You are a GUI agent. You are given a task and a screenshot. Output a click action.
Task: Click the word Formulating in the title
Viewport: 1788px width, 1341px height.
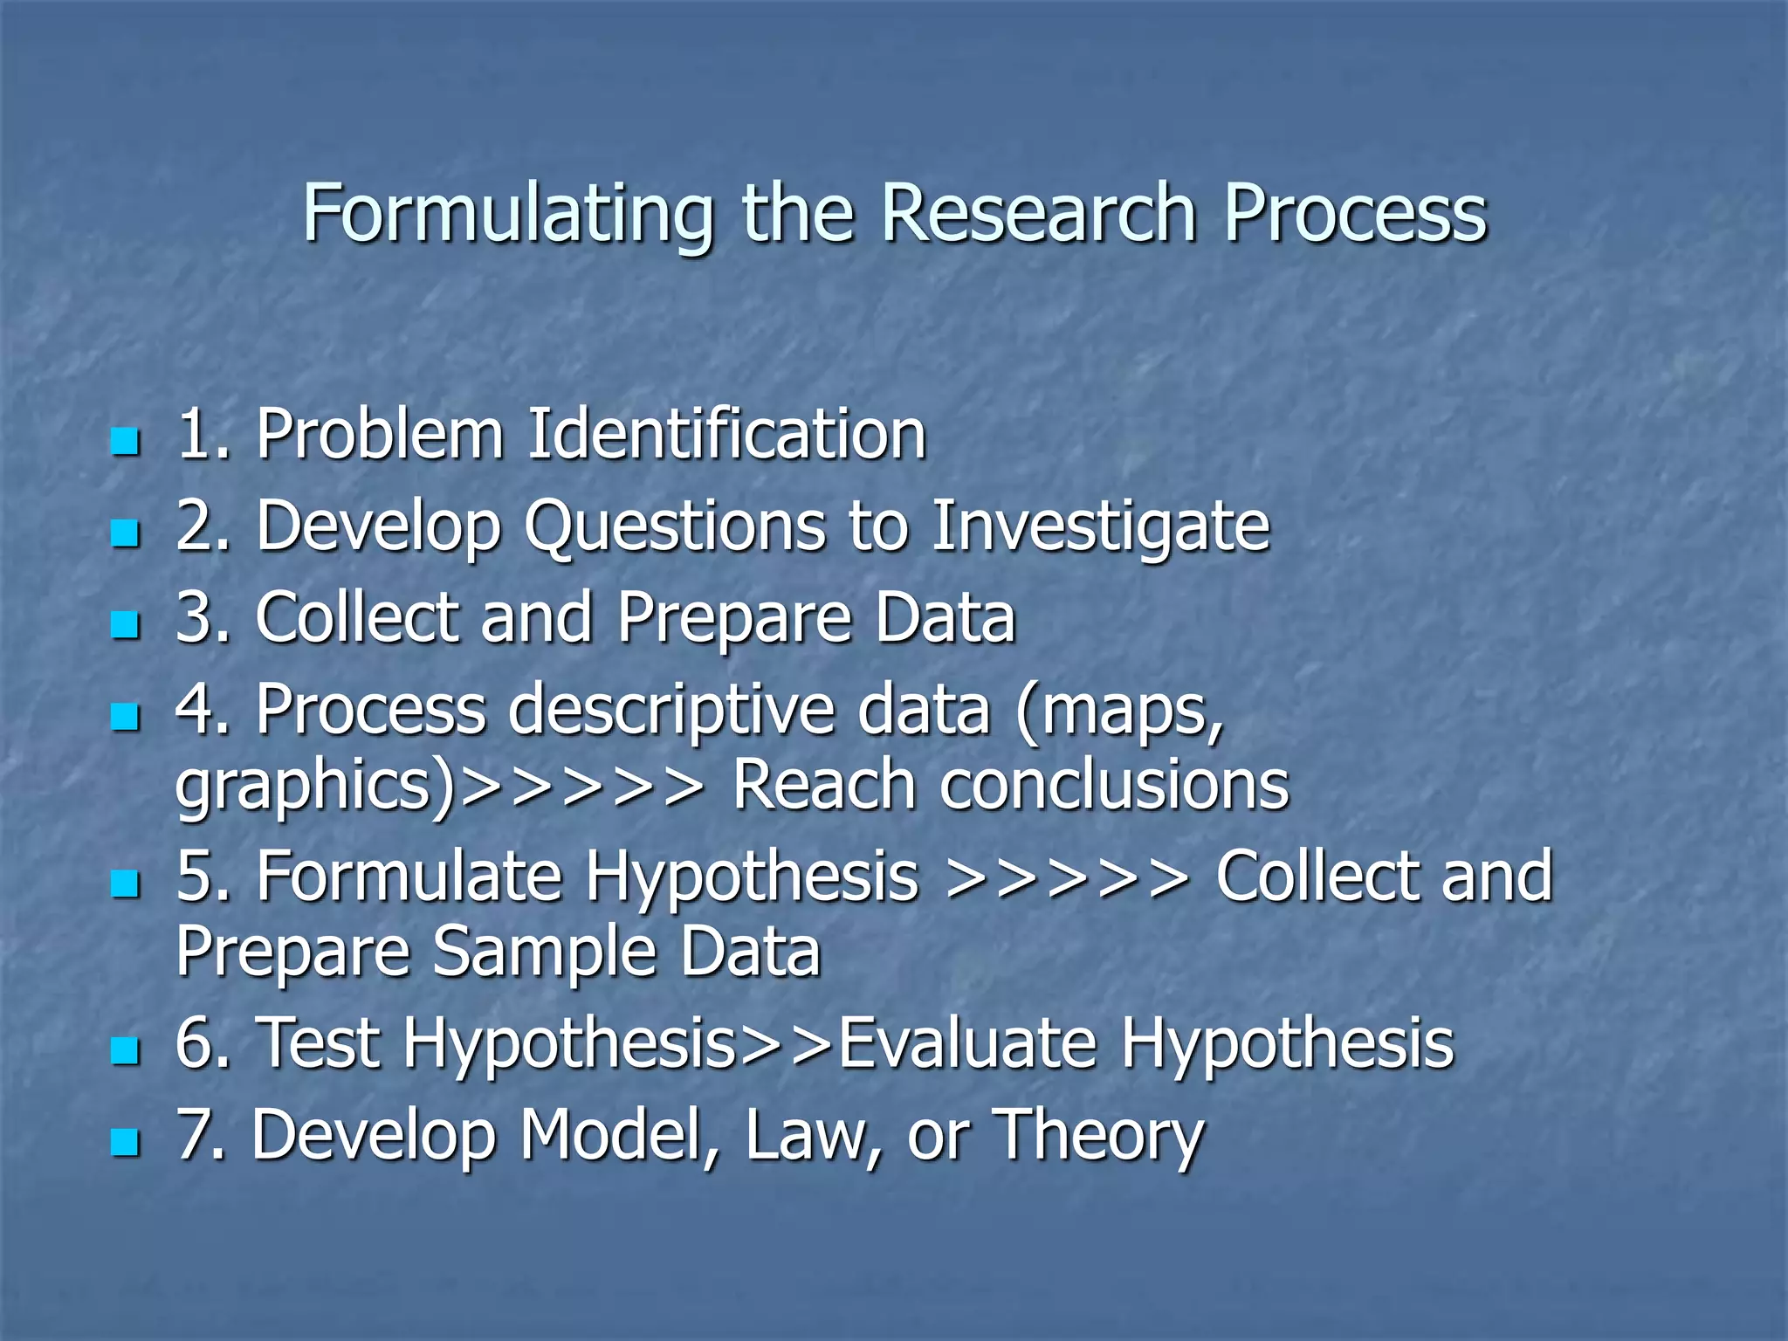coord(507,215)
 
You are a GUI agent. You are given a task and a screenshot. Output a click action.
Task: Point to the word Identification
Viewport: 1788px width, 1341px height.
coord(726,434)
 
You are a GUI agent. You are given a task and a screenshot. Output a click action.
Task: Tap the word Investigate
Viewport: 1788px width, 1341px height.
coord(1100,526)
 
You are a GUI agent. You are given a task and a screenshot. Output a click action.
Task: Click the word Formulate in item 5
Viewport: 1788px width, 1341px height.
coord(409,876)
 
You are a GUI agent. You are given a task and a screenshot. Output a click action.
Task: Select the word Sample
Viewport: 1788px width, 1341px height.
coord(543,952)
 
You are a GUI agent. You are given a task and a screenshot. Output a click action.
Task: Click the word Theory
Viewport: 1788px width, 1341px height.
coord(1099,1137)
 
